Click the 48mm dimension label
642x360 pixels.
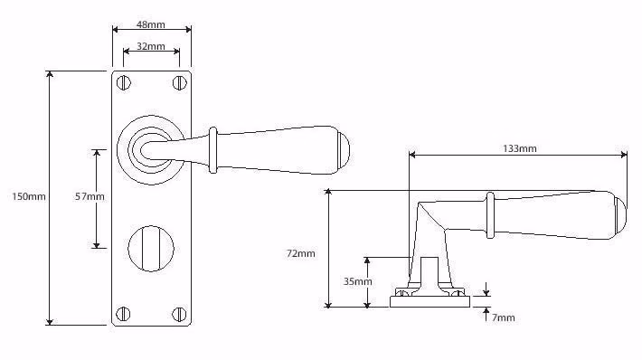(x=151, y=24)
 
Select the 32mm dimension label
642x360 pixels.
(x=151, y=46)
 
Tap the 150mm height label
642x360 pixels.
(x=29, y=196)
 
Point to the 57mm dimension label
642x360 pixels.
(x=90, y=196)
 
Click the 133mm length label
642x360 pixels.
(x=520, y=148)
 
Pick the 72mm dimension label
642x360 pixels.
(x=301, y=253)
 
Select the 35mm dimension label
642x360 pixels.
(x=357, y=281)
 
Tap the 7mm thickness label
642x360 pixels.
(x=503, y=317)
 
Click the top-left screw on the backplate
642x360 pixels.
(x=123, y=82)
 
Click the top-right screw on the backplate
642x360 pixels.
(x=179, y=82)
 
